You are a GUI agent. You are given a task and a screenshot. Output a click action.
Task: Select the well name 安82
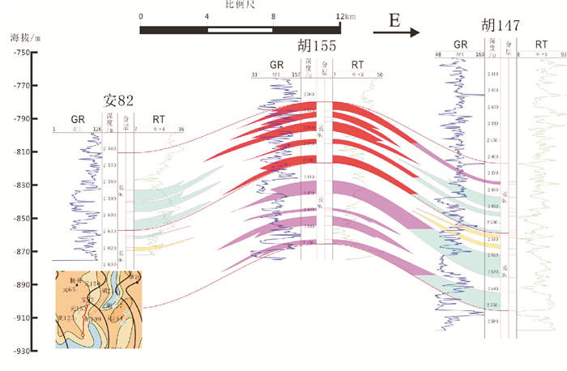point(117,102)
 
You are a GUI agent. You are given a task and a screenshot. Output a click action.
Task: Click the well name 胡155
point(318,46)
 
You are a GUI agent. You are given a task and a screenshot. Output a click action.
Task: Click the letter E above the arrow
point(394,21)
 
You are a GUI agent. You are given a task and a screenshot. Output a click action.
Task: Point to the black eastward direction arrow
point(396,33)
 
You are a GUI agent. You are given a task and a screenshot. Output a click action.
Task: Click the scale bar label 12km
point(344,17)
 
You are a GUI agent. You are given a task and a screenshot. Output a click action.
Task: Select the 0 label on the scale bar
point(141,17)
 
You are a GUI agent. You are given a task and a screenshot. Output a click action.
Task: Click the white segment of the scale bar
point(241,30)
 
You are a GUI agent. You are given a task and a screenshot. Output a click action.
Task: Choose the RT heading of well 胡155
point(357,64)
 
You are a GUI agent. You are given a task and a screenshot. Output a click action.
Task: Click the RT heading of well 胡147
point(540,45)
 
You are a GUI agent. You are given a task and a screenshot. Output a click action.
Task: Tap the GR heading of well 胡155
point(277,64)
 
